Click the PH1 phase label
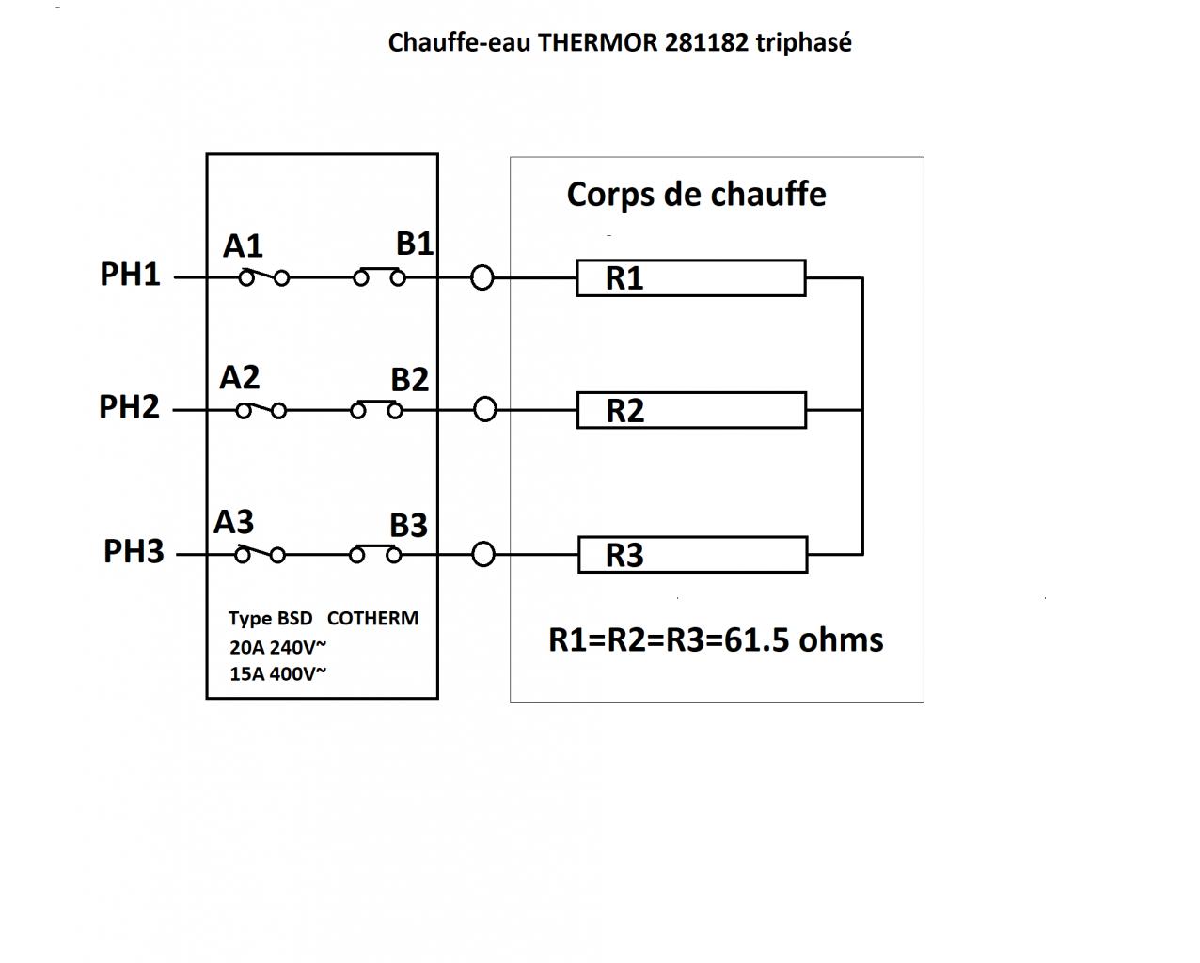130,275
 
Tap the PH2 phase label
129,407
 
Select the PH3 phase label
134,551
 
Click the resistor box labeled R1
690,278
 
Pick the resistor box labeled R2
691,411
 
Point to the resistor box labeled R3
692,555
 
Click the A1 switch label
243,246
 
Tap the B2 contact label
409,380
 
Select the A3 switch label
233,522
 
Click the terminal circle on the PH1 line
482,278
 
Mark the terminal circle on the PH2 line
484,410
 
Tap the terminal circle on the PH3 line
482,555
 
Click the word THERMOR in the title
598,43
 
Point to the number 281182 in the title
707,43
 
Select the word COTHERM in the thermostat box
372,619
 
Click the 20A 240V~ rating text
277,647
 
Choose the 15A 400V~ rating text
277,673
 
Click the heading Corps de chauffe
696,195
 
